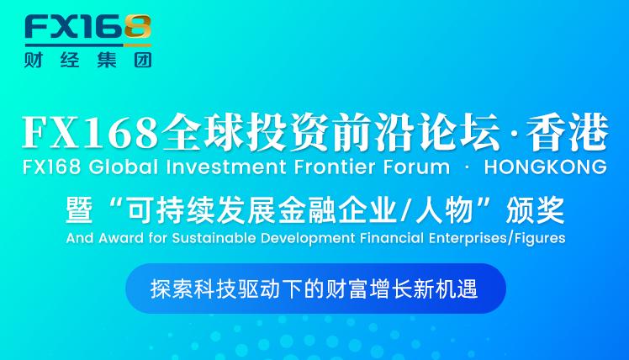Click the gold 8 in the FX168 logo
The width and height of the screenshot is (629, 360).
pyautogui.click(x=138, y=26)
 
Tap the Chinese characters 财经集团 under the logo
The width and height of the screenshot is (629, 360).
pyautogui.click(x=88, y=61)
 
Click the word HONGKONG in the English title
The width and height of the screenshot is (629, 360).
pyautogui.click(x=546, y=167)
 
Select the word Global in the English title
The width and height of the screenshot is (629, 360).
pyautogui.click(x=124, y=167)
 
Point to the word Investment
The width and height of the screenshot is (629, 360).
pyautogui.click(x=226, y=167)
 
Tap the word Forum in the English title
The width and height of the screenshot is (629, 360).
pyautogui.click(x=416, y=167)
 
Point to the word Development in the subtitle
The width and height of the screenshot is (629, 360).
pyautogui.click(x=308, y=238)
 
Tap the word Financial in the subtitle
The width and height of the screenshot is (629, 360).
pyautogui.click(x=392, y=238)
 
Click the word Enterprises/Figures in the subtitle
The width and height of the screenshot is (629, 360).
pyautogui.click(x=497, y=238)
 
